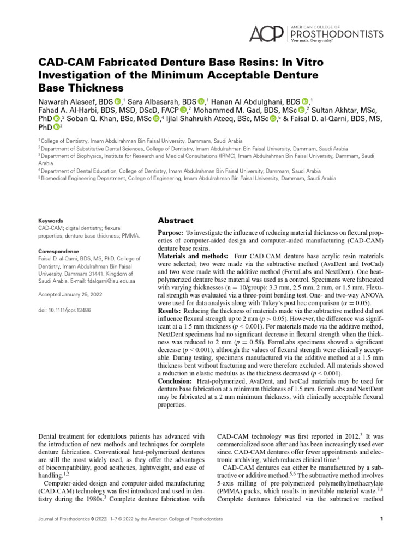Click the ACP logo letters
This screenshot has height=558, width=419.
click(266, 34)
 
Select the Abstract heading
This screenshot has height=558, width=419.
click(175, 221)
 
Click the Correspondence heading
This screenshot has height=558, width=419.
click(58, 251)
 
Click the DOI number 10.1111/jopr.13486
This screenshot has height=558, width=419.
click(64, 310)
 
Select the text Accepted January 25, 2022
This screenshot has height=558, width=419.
click(71, 295)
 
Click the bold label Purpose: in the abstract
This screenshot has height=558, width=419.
click(172, 233)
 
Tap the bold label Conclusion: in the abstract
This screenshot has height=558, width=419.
click(175, 381)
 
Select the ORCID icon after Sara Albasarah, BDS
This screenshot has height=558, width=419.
click(201, 101)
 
